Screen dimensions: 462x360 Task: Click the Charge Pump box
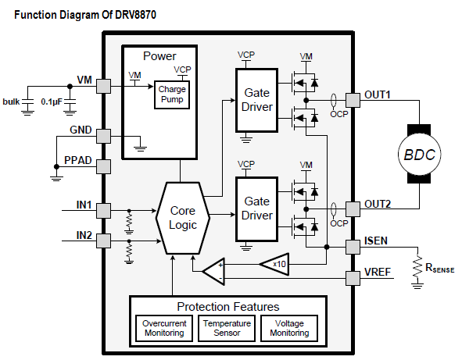tap(172, 94)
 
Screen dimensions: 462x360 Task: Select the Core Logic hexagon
tap(183, 218)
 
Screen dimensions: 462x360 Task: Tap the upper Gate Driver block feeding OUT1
tap(256, 100)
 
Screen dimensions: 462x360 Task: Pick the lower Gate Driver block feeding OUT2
tap(256, 209)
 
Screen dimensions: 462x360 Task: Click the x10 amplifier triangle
tap(274, 264)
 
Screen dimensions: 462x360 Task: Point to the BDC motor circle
tap(419, 154)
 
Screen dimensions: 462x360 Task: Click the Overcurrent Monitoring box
tap(164, 328)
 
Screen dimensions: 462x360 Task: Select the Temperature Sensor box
tap(227, 328)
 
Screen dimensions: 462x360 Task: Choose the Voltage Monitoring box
tap(289, 328)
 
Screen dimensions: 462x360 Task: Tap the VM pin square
tap(103, 86)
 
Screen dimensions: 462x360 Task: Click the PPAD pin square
tap(103, 166)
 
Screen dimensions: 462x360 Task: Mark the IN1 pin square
tap(103, 211)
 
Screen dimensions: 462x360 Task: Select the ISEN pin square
tap(353, 247)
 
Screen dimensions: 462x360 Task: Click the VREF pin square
tap(353, 278)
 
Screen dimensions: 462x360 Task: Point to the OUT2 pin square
tap(353, 209)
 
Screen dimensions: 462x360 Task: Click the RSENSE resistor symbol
tap(417, 266)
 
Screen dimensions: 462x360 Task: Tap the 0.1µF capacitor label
tap(52, 102)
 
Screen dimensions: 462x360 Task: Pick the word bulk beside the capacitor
tap(11, 102)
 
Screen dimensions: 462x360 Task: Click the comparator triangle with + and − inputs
tap(213, 272)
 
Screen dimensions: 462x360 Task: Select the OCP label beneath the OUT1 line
tap(338, 114)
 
